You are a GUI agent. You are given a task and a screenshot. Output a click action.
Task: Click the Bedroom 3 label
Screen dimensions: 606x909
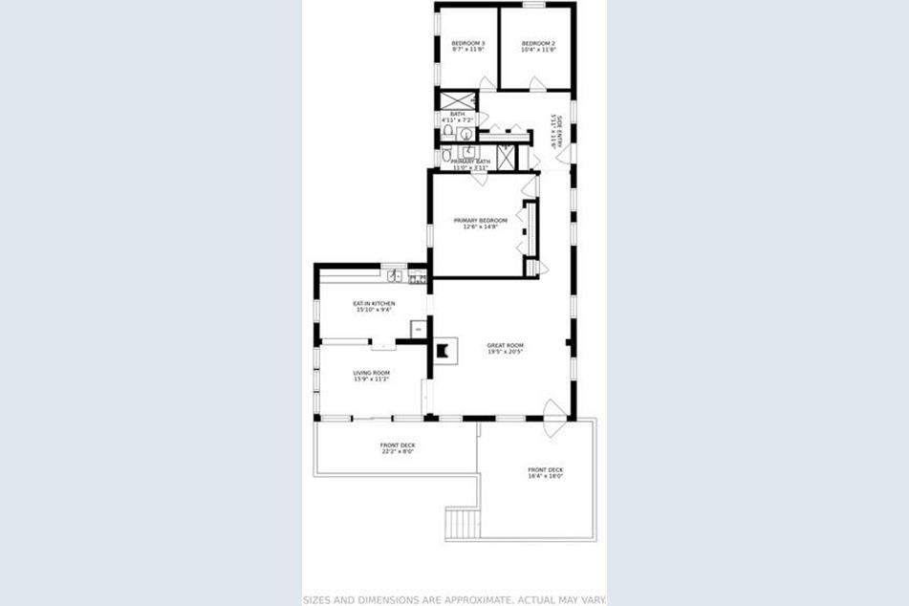tap(468, 43)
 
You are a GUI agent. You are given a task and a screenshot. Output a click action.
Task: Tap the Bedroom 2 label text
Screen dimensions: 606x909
tap(538, 43)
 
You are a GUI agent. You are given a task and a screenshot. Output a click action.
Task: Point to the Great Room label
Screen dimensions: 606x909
tap(505, 345)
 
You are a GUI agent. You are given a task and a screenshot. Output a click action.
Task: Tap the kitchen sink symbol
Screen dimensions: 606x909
tap(395, 276)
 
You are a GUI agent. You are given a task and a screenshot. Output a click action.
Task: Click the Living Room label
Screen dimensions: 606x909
tap(371, 373)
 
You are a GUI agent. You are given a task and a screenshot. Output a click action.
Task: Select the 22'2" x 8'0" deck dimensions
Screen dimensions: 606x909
tap(398, 452)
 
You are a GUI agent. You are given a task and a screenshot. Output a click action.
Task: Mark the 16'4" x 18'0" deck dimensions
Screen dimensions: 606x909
tap(545, 476)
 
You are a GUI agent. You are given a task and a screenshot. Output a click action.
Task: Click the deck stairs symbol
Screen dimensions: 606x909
tap(462, 523)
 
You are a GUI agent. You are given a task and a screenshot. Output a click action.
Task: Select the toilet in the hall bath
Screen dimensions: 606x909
tap(447, 130)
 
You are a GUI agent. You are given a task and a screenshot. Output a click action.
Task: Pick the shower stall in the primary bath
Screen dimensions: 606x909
tap(506, 157)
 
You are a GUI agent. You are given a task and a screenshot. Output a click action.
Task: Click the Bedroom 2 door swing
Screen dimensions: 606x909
tap(537, 85)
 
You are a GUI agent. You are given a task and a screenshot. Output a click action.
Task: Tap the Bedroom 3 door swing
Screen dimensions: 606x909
tap(487, 84)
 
